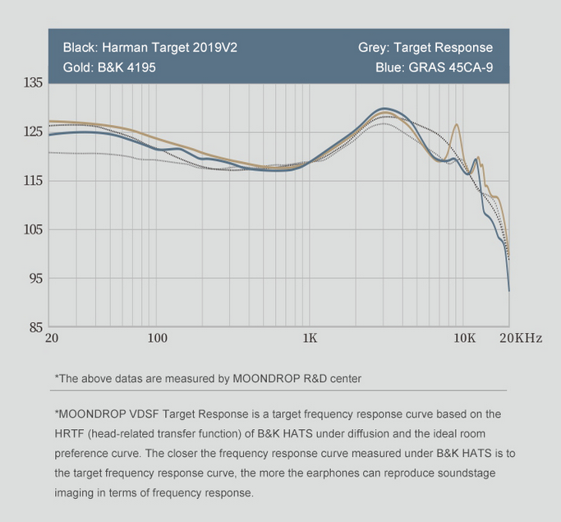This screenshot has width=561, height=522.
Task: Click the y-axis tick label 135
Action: [x=33, y=83]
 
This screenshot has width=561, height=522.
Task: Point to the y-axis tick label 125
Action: [x=33, y=132]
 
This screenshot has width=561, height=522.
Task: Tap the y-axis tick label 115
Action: [x=33, y=181]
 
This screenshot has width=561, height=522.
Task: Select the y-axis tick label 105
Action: [x=33, y=229]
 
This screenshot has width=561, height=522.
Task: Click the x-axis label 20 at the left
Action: [x=52, y=339]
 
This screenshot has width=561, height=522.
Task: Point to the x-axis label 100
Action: [x=157, y=339]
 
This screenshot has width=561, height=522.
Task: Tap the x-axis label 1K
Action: [x=310, y=339]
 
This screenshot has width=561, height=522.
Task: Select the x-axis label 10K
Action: [x=464, y=339]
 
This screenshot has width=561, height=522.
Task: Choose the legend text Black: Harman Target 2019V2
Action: [x=149, y=48]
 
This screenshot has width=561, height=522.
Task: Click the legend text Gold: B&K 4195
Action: [x=109, y=67]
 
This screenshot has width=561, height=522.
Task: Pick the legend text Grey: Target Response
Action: [x=425, y=48]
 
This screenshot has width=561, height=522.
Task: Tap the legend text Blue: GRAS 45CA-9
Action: [x=434, y=67]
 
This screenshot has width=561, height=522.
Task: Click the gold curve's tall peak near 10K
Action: [x=456, y=124]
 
